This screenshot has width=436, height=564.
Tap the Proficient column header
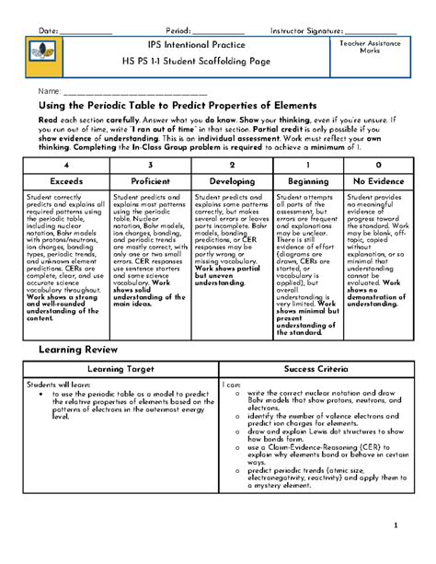coord(150,181)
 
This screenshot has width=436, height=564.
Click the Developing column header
coord(232,181)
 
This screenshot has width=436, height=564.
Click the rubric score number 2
coord(232,162)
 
